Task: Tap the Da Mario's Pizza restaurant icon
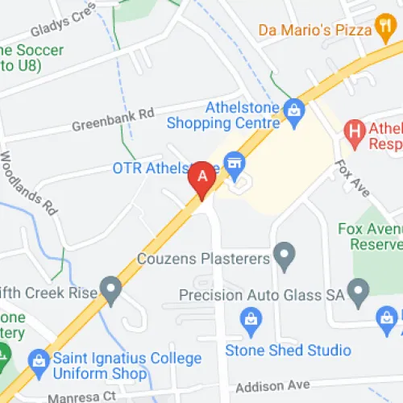click(384, 30)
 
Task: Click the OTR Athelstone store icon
click(235, 163)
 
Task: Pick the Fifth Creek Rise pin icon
click(110, 287)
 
